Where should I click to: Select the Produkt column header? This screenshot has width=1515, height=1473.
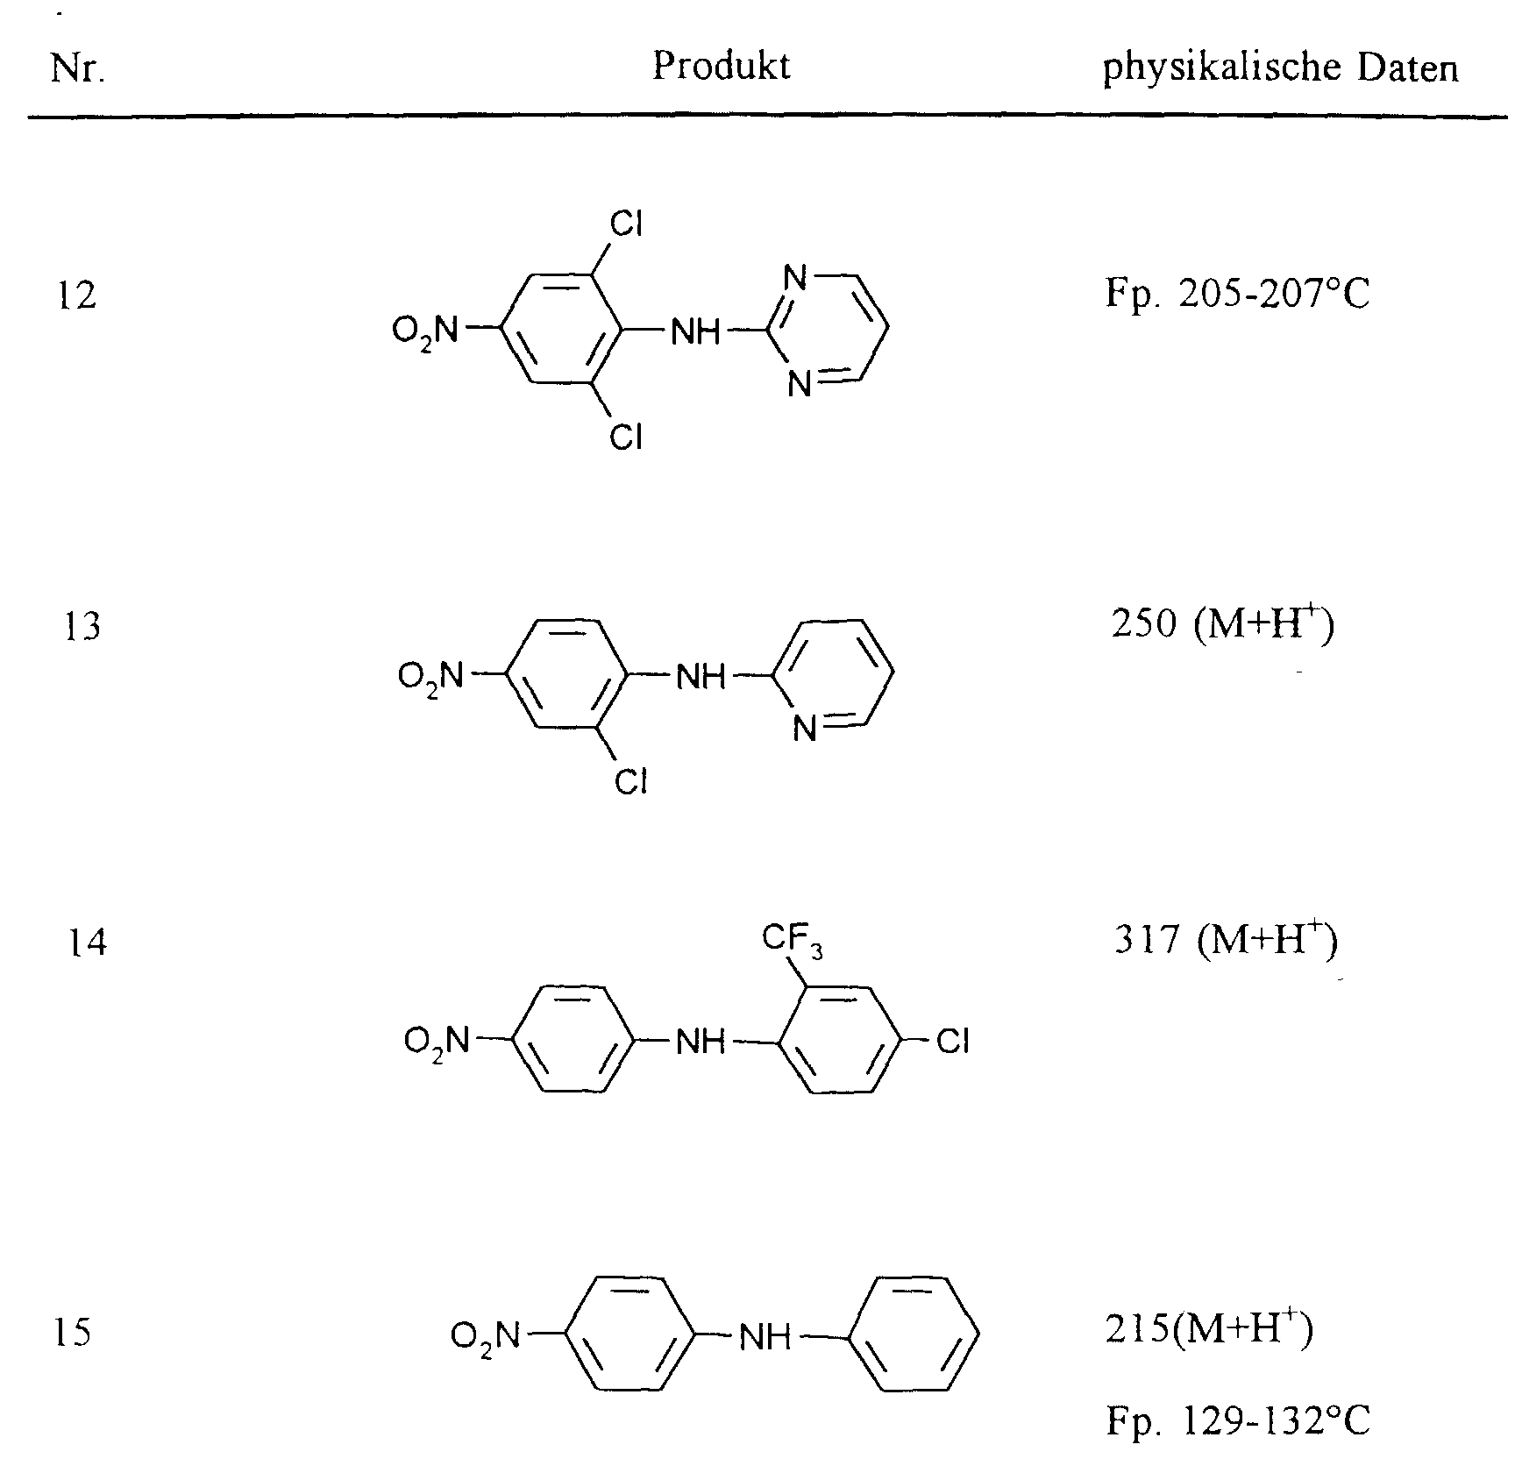point(721,66)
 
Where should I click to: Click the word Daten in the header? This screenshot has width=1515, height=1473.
point(1409,68)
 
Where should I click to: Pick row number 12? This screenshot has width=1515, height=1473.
point(75,295)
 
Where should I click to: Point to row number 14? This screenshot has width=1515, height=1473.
point(87,943)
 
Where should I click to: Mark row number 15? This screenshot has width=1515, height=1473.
point(72,1334)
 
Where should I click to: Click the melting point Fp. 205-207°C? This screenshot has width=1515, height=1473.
point(1236,295)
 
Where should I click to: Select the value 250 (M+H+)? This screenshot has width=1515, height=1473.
point(1222,625)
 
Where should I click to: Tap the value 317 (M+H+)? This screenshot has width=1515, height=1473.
point(1225,941)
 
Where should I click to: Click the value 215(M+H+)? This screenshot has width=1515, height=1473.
point(1209,1332)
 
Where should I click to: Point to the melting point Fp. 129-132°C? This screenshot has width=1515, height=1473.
point(1237,1421)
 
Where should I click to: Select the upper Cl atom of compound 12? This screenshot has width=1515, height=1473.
point(627,225)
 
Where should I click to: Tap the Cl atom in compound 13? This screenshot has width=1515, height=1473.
point(630,781)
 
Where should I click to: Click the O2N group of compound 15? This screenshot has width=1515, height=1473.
point(485,1336)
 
